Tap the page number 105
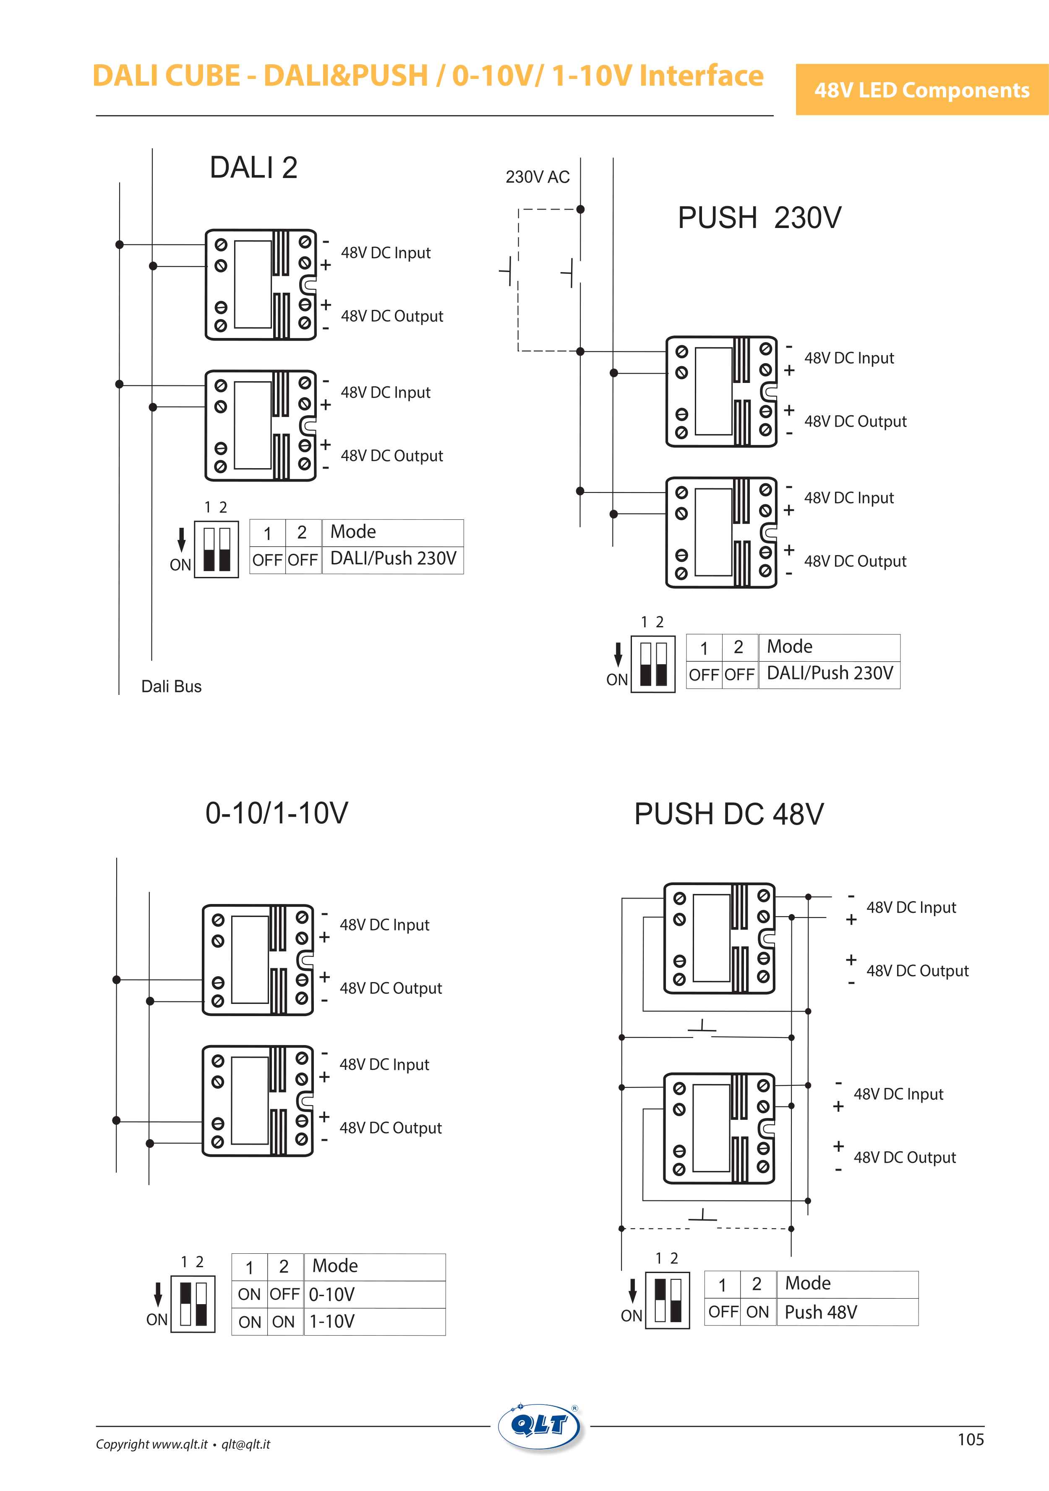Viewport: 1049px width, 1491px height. pyautogui.click(x=971, y=1440)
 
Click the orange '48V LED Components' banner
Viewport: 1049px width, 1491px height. pyautogui.click(x=922, y=89)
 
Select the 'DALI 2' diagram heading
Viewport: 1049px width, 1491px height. pyautogui.click(x=253, y=168)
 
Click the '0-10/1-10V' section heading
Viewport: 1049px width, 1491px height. pyautogui.click(x=277, y=813)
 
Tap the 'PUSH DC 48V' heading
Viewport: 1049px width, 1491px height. pyautogui.click(x=728, y=814)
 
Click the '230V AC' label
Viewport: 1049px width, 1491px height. pyautogui.click(x=538, y=177)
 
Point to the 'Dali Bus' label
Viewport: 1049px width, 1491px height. pyautogui.click(x=171, y=687)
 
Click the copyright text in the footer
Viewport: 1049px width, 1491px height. pyautogui.click(x=183, y=1444)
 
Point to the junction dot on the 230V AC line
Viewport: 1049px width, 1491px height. pyautogui.click(x=580, y=209)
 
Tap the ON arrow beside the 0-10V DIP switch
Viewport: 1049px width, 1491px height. pyautogui.click(x=158, y=1294)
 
